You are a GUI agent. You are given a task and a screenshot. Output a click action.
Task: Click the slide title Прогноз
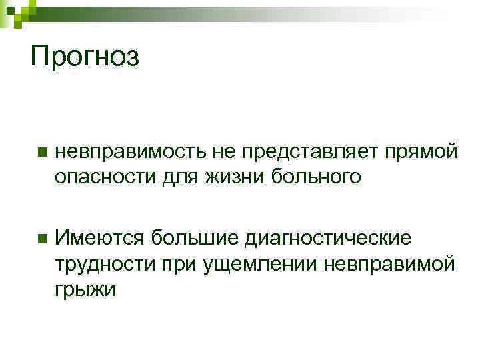85,56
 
